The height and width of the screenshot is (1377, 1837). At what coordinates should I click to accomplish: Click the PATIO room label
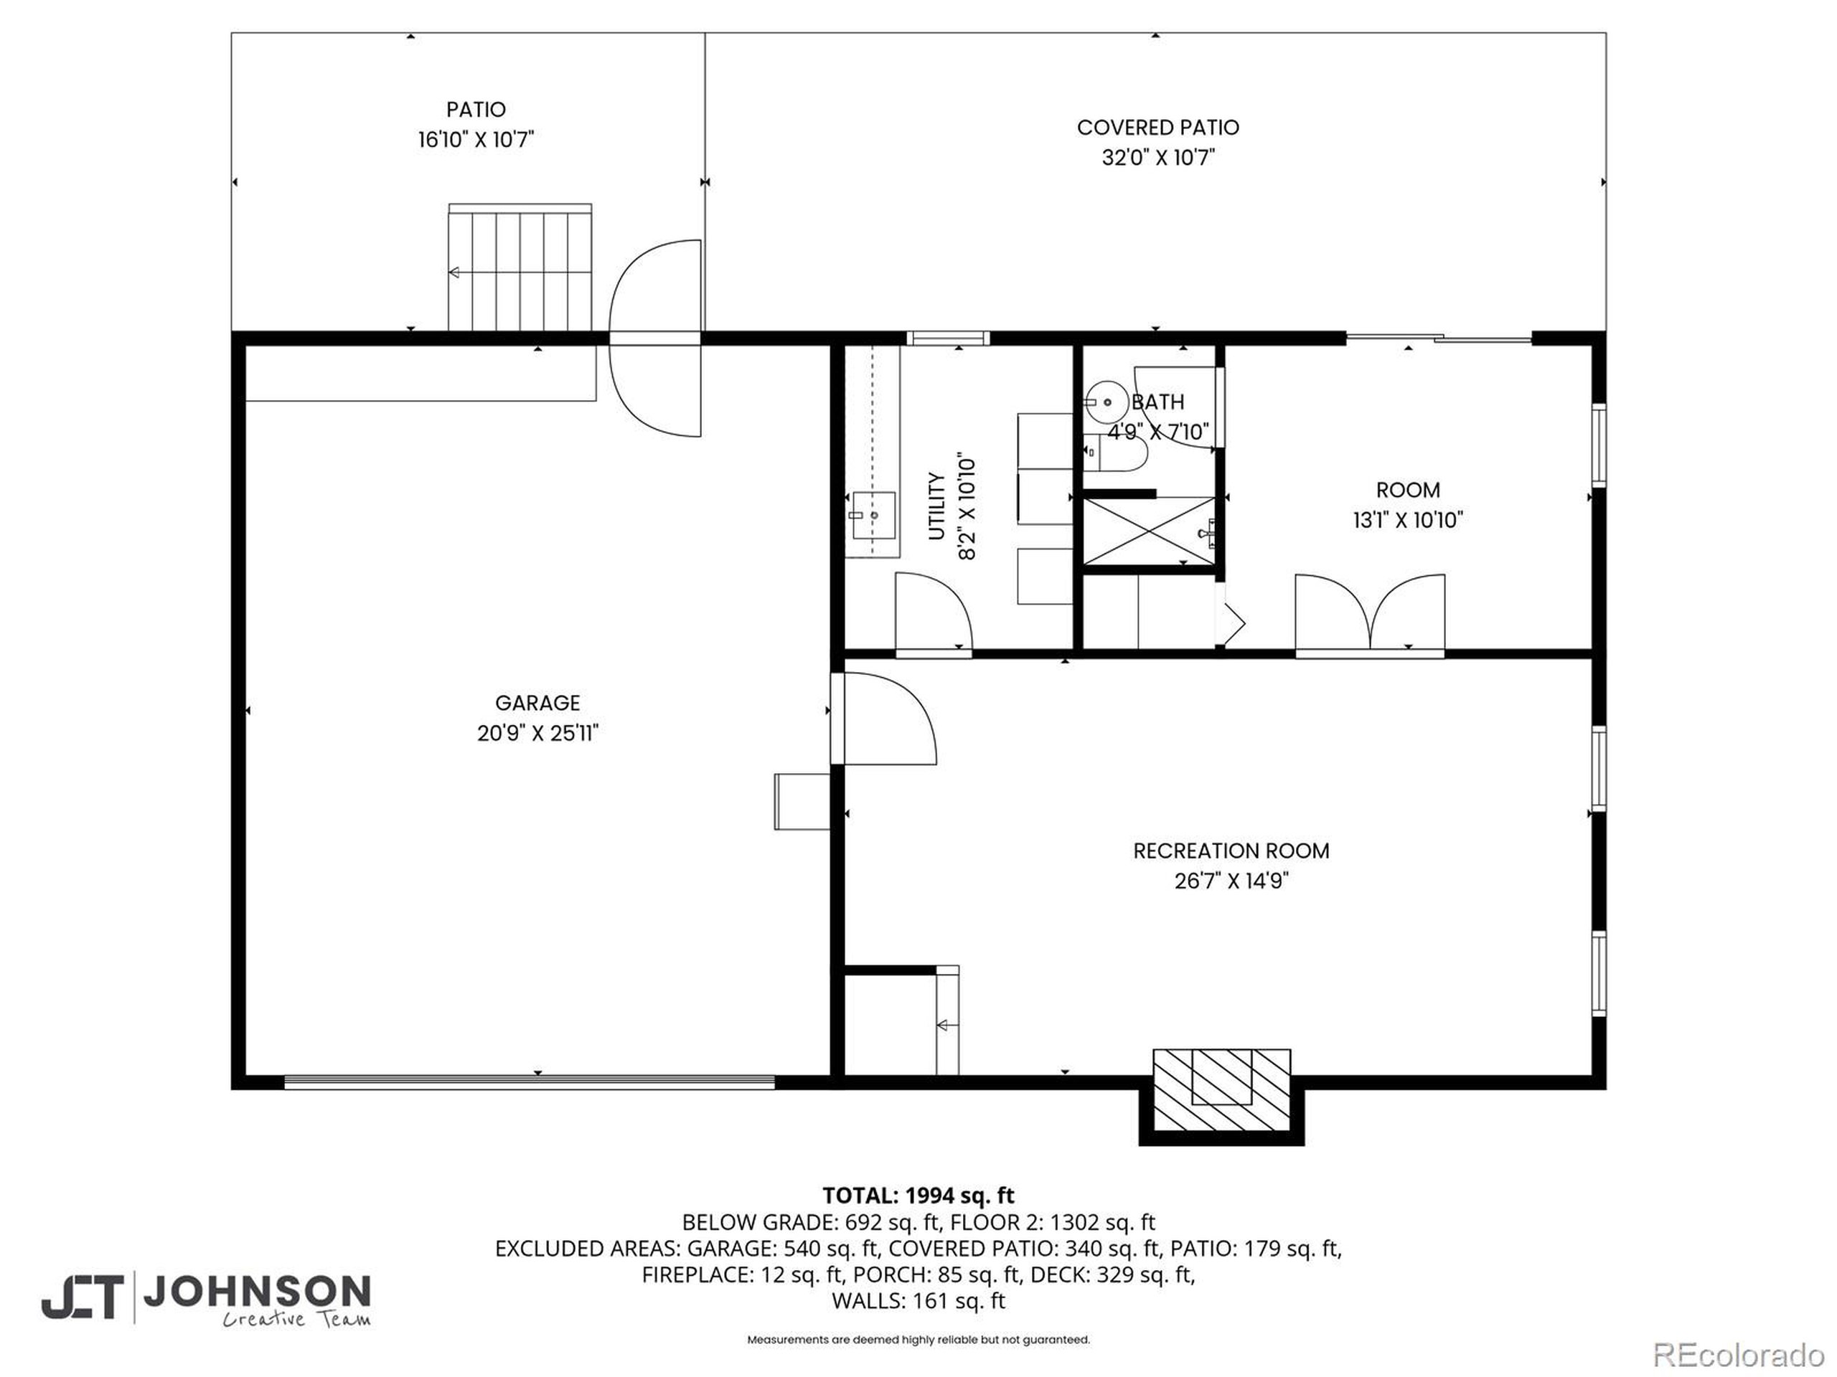coord(475,110)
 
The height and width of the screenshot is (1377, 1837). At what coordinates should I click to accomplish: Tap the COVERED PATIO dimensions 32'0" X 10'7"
coord(1157,157)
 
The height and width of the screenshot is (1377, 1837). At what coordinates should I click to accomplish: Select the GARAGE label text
coord(537,703)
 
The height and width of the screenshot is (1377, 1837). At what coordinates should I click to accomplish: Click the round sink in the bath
coord(1107,402)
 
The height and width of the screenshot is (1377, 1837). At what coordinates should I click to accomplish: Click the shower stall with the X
coord(1149,531)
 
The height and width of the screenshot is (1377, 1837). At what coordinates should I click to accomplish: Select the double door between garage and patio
coord(656,338)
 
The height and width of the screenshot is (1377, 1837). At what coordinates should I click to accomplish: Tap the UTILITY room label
coord(936,506)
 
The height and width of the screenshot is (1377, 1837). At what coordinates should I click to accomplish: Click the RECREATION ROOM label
coord(1231,851)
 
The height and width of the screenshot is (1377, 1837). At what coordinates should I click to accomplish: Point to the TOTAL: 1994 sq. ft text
coord(918,1196)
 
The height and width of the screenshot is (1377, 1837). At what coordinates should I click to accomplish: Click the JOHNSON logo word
coord(257,1291)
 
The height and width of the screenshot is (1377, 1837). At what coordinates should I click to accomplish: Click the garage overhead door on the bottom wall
coord(529,1082)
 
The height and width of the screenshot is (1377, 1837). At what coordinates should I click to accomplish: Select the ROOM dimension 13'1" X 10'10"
coord(1408,521)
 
